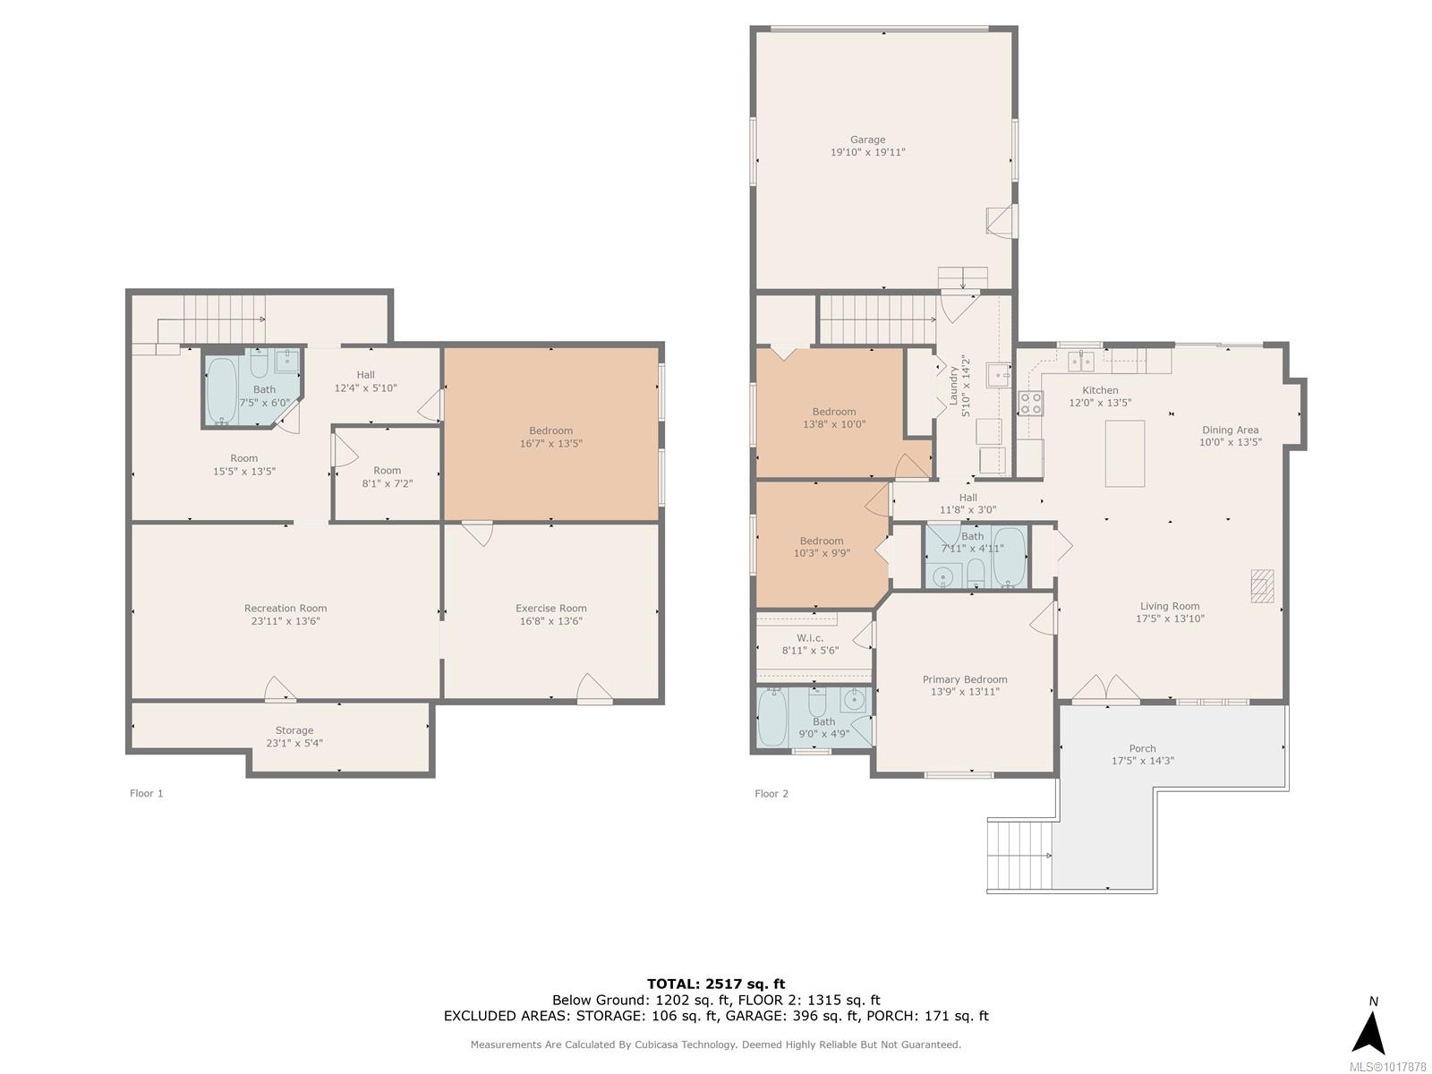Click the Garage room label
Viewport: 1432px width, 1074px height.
tap(867, 140)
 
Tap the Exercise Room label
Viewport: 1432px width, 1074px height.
tap(550, 609)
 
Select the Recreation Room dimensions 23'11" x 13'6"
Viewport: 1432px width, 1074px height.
tap(286, 621)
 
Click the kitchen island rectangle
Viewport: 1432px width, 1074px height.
tap(1124, 453)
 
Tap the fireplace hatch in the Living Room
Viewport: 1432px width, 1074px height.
tap(1262, 585)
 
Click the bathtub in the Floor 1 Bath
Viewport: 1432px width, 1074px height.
tap(222, 390)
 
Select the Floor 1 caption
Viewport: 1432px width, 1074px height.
tap(146, 793)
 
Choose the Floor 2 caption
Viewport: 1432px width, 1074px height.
tap(771, 794)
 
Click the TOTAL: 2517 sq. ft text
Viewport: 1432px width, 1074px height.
tap(716, 984)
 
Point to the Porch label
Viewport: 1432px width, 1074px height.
tap(1142, 748)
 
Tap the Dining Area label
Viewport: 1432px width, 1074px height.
tap(1230, 430)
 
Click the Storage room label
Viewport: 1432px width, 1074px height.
tap(294, 730)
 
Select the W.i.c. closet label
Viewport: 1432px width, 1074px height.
tap(810, 638)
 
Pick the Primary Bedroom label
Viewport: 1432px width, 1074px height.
tap(964, 679)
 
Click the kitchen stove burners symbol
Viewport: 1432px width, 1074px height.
tap(1030, 403)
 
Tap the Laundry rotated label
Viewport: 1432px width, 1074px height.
tap(953, 386)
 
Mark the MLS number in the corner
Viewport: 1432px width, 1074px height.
tap(1387, 1067)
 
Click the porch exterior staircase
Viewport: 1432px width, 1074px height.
tap(1019, 855)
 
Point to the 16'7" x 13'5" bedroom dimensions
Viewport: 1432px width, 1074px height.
tap(550, 443)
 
